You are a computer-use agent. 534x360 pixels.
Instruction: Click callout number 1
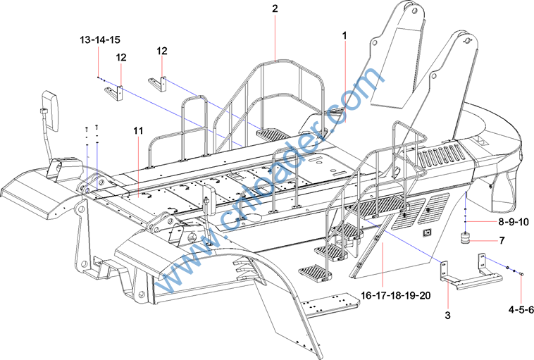(x=344, y=35)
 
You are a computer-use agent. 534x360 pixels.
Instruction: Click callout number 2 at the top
(x=275, y=9)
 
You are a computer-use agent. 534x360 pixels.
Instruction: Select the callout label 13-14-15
(x=99, y=40)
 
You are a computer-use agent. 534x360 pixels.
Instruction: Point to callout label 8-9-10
(x=513, y=222)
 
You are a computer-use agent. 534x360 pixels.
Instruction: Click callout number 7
(x=501, y=241)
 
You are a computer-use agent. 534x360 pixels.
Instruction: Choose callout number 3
(x=447, y=315)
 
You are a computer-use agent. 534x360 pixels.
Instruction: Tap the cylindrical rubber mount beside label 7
(x=466, y=239)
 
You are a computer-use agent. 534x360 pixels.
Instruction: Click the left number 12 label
(x=121, y=57)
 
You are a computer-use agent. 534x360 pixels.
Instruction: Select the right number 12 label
(x=163, y=51)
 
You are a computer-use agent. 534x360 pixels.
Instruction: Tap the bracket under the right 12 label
(x=158, y=82)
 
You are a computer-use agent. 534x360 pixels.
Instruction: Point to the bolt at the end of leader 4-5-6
(x=521, y=275)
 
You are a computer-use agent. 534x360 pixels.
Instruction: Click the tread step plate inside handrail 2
(x=270, y=132)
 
